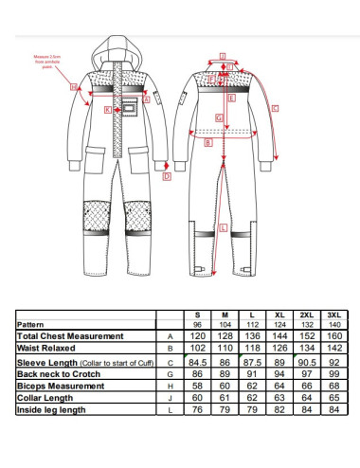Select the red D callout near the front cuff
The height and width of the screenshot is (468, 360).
(167, 175)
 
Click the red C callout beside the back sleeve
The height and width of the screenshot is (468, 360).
(275, 110)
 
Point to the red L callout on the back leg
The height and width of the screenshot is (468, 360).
(221, 227)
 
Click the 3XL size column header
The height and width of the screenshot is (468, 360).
(333, 315)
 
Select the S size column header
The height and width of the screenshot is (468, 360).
(197, 315)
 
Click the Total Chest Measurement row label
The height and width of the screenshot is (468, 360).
(70, 336)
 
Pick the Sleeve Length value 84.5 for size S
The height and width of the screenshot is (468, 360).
(197, 361)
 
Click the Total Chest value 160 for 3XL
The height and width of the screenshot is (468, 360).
(333, 336)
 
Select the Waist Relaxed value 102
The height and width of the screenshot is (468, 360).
(197, 349)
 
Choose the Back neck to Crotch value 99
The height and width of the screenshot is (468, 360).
(333, 373)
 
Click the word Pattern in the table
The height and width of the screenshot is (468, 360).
(32, 324)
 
